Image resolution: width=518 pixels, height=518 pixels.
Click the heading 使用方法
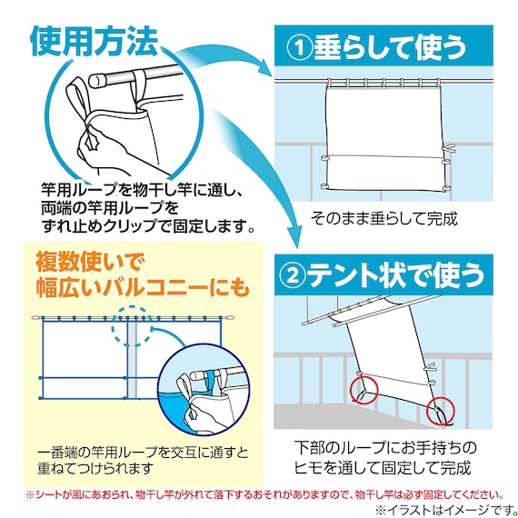[94, 41]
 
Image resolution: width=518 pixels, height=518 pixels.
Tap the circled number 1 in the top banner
[299, 47]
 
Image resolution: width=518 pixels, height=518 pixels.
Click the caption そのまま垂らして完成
[384, 219]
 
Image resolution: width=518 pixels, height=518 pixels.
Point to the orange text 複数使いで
[90, 262]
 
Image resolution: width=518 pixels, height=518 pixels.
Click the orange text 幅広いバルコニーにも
[142, 287]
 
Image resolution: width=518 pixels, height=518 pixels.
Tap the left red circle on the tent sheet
[364, 390]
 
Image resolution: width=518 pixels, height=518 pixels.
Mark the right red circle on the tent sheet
[440, 412]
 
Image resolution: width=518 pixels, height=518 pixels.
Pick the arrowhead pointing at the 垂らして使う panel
[264, 68]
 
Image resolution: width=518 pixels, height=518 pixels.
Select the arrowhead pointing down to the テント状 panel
[294, 238]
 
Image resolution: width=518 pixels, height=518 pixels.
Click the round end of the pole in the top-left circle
[95, 80]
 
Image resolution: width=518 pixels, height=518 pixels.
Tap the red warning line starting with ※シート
[264, 495]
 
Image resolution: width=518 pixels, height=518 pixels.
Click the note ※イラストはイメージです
[445, 509]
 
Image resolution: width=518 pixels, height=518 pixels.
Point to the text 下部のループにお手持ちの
[385, 448]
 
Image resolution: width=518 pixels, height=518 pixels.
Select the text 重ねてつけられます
[95, 468]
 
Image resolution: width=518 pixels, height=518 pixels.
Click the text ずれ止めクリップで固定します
[148, 226]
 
